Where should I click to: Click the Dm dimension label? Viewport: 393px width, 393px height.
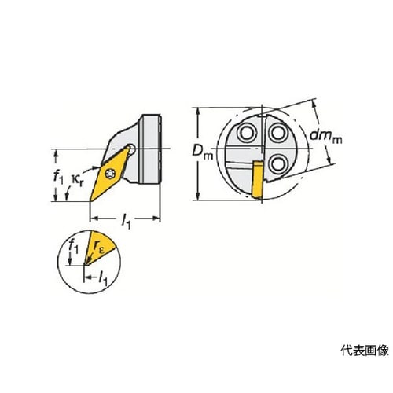pyautogui.click(x=203, y=152)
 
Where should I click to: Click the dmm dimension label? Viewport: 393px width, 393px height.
pyautogui.click(x=326, y=136)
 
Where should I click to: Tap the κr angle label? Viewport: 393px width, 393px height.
pyautogui.click(x=78, y=180)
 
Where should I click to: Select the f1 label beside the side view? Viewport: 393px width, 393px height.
pyautogui.click(x=58, y=177)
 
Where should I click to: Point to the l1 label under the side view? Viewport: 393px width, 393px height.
pyautogui.click(x=126, y=222)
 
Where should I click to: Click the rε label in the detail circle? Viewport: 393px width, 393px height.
pyautogui.click(x=99, y=247)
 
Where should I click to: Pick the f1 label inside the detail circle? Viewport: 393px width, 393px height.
pyautogui.click(x=73, y=247)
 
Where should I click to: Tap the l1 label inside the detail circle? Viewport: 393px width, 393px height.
pyautogui.click(x=103, y=279)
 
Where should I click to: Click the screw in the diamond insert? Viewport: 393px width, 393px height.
pyautogui.click(x=110, y=173)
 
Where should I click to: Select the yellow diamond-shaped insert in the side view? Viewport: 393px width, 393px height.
pyautogui.click(x=110, y=174)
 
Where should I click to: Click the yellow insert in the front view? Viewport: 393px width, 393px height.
pyautogui.click(x=257, y=179)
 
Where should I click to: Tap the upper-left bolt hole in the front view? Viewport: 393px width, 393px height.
pyautogui.click(x=247, y=133)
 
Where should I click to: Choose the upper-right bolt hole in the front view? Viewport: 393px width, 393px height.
pyautogui.click(x=277, y=133)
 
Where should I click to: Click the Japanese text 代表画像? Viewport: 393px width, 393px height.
pyautogui.click(x=365, y=351)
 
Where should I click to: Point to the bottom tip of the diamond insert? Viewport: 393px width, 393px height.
pyautogui.click(x=90, y=201)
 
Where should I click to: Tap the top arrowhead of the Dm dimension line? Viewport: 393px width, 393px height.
pyautogui.click(x=199, y=111)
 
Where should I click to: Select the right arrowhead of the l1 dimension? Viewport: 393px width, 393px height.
pyautogui.click(x=156, y=218)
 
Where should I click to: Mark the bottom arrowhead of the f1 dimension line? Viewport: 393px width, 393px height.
pyautogui.click(x=56, y=198)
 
